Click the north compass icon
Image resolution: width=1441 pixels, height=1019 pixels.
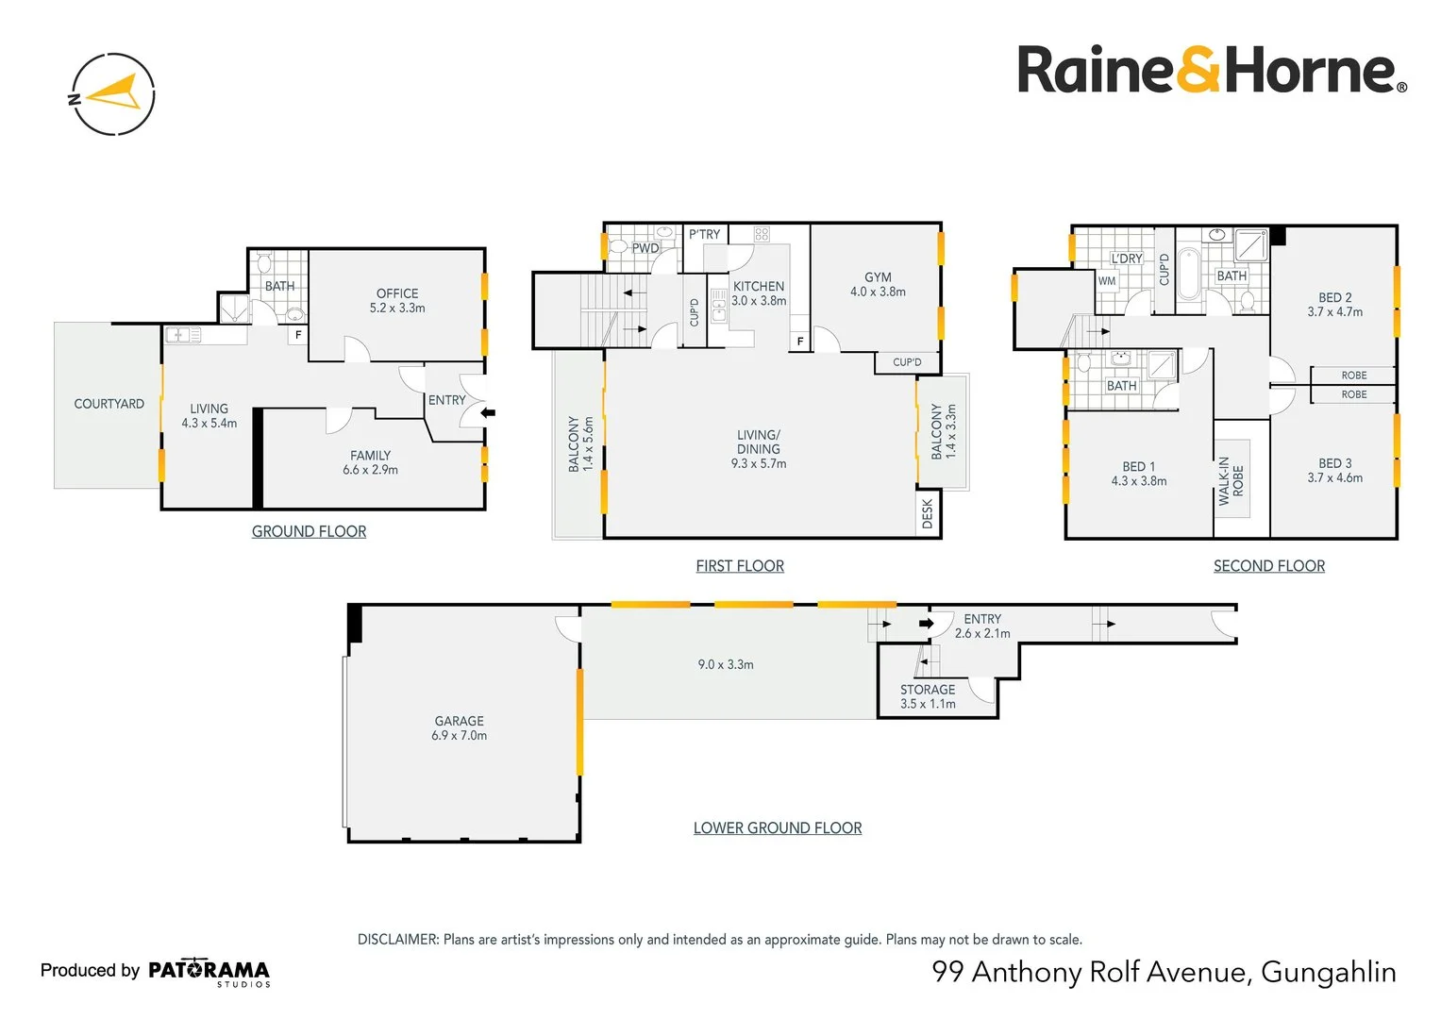click(x=113, y=94)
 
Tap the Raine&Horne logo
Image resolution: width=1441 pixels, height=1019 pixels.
click(x=1211, y=71)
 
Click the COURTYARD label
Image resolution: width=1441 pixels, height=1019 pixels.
click(x=109, y=404)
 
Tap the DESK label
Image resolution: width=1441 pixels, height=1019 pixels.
click(x=928, y=513)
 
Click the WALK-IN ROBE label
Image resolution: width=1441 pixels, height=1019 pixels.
click(x=1231, y=481)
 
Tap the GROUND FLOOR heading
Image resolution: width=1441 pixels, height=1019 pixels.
click(x=309, y=531)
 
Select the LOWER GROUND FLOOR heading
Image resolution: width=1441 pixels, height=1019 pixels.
click(x=778, y=827)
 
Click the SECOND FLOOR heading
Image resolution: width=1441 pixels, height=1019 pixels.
click(x=1268, y=565)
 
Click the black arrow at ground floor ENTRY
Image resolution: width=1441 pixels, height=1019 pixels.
click(x=489, y=412)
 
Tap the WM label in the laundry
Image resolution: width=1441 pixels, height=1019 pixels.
click(x=1107, y=280)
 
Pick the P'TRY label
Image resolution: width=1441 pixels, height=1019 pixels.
click(x=704, y=234)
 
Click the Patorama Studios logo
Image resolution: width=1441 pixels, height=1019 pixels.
click(x=209, y=971)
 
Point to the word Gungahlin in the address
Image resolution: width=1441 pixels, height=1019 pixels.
click(x=1328, y=971)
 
